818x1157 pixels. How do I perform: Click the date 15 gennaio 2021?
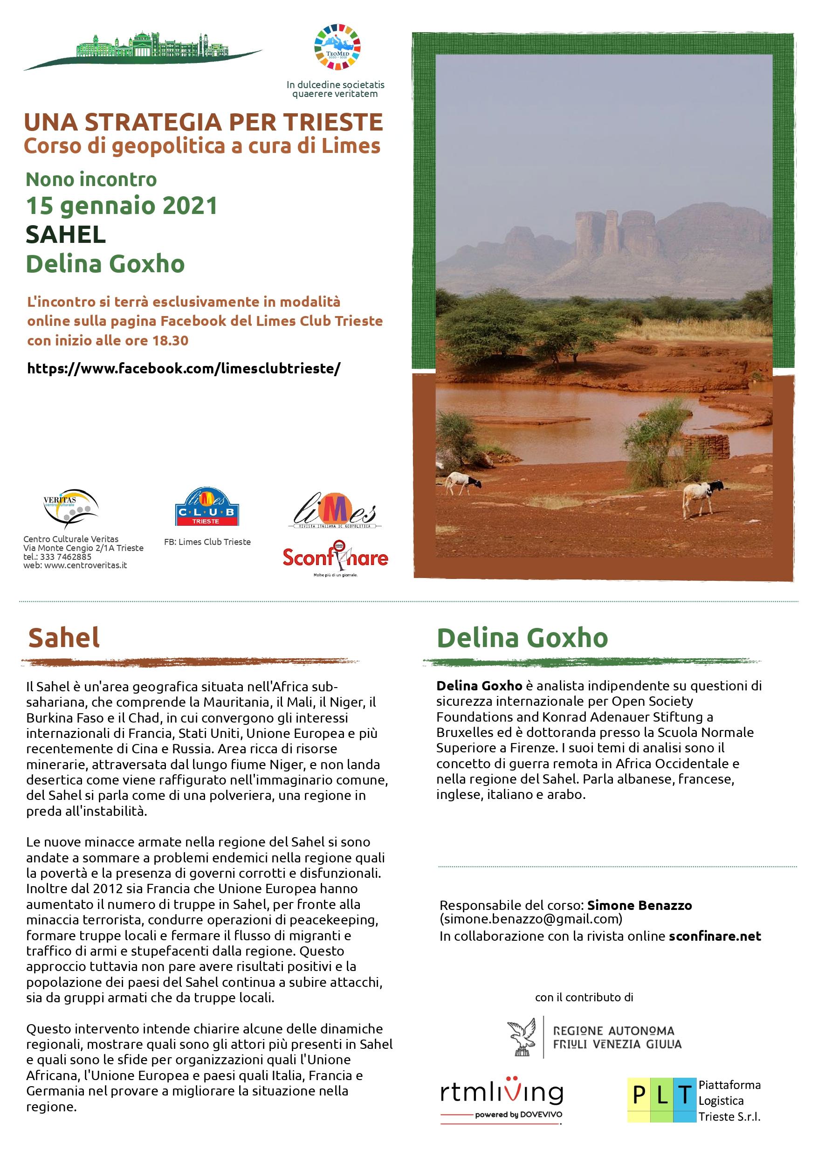(x=122, y=206)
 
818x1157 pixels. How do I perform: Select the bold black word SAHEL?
(x=66, y=234)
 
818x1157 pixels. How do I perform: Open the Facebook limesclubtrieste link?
(x=184, y=368)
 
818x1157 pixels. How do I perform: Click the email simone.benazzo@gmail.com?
(x=531, y=919)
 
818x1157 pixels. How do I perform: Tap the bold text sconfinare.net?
(x=715, y=936)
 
